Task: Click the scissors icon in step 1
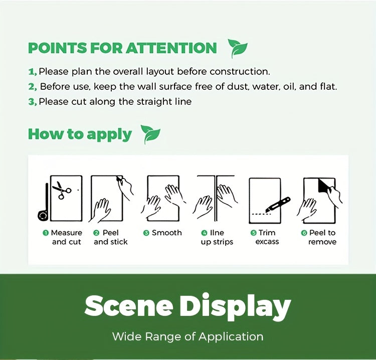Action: [x=61, y=190]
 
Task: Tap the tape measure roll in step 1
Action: [x=43, y=215]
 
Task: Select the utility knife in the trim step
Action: [x=278, y=205]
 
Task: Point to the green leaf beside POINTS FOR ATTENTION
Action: [x=238, y=48]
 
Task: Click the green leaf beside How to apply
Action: [x=150, y=134]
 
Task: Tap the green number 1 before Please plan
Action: [x=32, y=72]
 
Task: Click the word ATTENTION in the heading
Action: [x=171, y=48]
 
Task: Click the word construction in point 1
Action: [x=240, y=72]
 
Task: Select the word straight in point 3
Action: [x=152, y=102]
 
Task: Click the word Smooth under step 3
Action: [x=166, y=233]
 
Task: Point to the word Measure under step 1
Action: [x=66, y=233]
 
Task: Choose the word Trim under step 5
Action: [x=267, y=233]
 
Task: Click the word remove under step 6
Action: [x=322, y=242]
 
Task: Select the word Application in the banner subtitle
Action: [x=231, y=337]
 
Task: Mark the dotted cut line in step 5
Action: [x=261, y=214]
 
